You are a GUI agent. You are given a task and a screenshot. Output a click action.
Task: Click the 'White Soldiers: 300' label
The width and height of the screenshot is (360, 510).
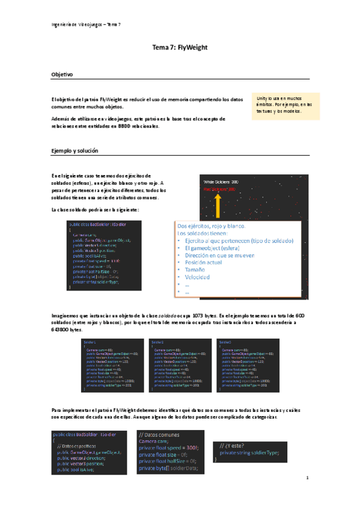pyautogui.click(x=221, y=181)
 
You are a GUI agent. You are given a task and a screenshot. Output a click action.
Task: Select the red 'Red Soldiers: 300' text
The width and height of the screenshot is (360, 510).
pyautogui.click(x=220, y=189)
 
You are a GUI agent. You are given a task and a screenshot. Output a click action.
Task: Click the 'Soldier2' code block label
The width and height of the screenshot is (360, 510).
pyautogui.click(x=157, y=341)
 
